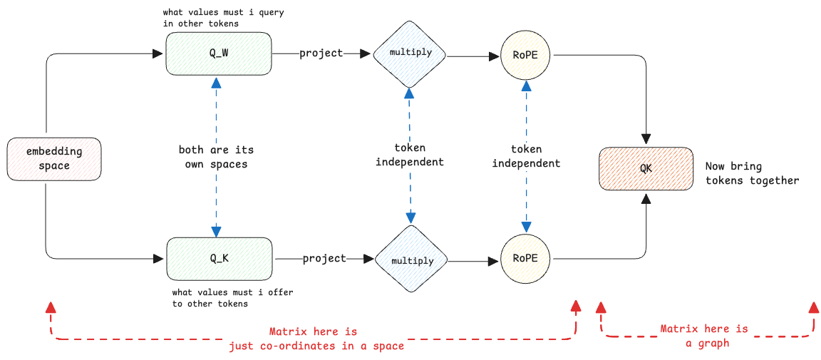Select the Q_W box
pos(219,53)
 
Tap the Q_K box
pos(219,258)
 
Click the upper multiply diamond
pos(409,53)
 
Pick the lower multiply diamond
pos(411,259)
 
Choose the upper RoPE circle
pos(527,53)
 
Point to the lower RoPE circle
pos(527,258)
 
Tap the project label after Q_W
pos(321,53)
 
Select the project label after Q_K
pos(324,258)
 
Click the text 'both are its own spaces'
pos(216,157)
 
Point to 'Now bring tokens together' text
pos(752,173)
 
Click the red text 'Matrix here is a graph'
pos(704,336)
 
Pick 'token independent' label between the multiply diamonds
pos(410,155)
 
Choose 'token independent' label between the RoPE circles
pos(527,157)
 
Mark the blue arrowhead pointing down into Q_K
pos(216,232)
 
